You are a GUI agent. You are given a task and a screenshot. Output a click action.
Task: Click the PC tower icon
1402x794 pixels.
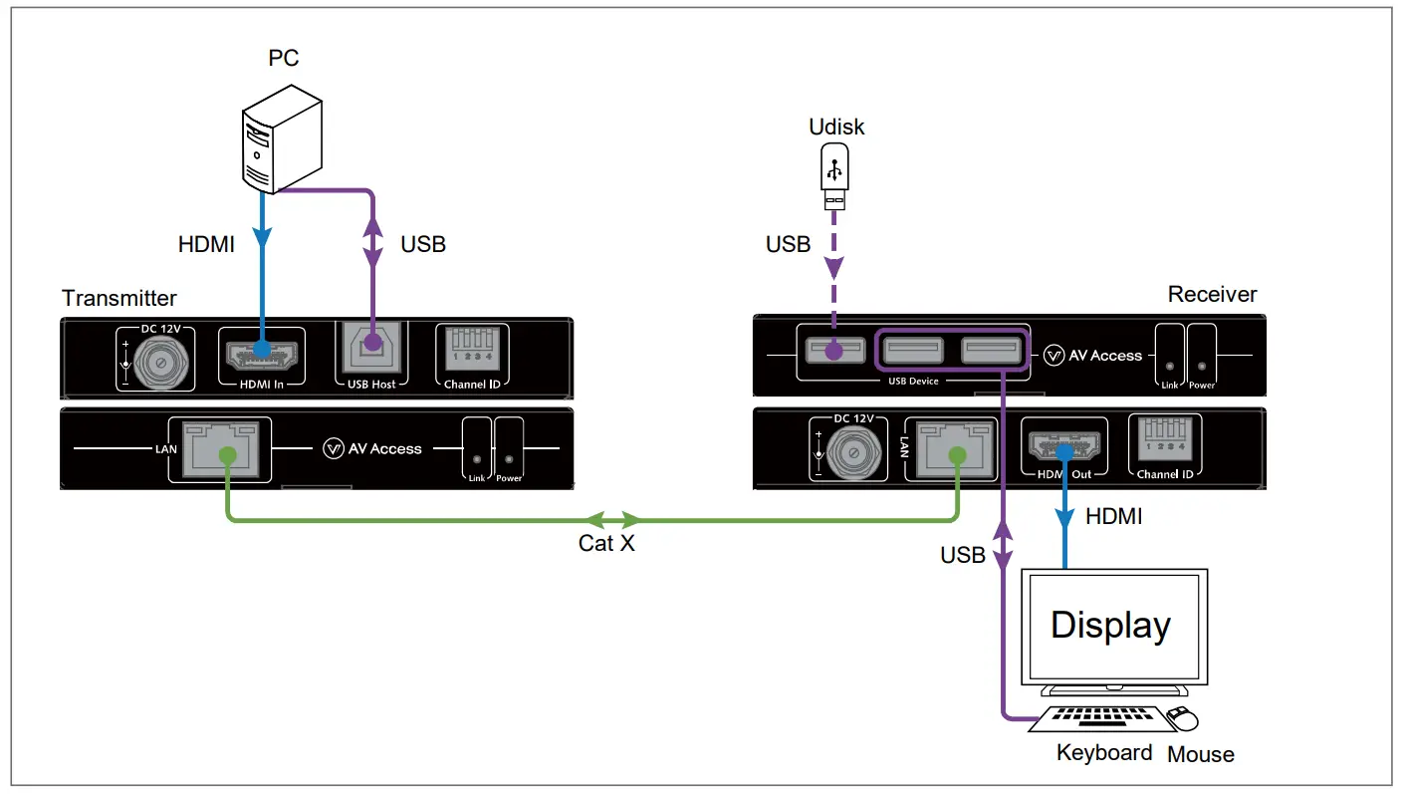point(282,139)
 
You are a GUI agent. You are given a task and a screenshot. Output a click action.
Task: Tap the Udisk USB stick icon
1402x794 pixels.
point(834,176)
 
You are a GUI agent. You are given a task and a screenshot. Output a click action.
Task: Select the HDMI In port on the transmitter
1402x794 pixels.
point(262,355)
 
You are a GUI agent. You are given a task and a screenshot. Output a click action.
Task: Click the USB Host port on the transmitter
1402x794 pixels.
point(371,348)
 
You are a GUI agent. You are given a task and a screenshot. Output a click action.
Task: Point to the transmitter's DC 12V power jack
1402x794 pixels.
point(161,362)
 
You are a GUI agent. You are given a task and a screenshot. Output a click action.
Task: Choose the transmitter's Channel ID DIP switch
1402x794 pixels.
point(473,348)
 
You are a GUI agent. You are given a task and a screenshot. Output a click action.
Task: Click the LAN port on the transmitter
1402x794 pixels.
point(220,449)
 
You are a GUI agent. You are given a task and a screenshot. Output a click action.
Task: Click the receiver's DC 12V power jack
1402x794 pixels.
point(853,452)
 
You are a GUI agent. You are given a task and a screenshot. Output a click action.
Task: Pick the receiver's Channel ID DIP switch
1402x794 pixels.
point(1165,438)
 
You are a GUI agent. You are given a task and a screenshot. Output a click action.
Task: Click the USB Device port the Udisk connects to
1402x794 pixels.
point(835,350)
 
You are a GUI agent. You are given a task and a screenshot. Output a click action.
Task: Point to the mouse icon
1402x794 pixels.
point(1182,718)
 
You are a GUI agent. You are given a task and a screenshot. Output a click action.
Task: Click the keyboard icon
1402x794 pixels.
point(1101,718)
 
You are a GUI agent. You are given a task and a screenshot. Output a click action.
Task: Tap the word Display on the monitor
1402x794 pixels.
point(1110,625)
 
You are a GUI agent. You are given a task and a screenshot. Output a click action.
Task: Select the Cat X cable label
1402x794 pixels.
point(606,543)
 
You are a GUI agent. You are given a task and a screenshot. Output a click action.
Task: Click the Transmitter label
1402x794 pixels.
point(118,298)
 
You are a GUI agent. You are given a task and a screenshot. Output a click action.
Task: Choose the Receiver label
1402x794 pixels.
point(1213,294)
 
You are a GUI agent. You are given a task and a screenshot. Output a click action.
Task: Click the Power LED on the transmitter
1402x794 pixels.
point(509,459)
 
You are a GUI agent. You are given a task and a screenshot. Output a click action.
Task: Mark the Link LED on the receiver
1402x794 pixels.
point(1169,367)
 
